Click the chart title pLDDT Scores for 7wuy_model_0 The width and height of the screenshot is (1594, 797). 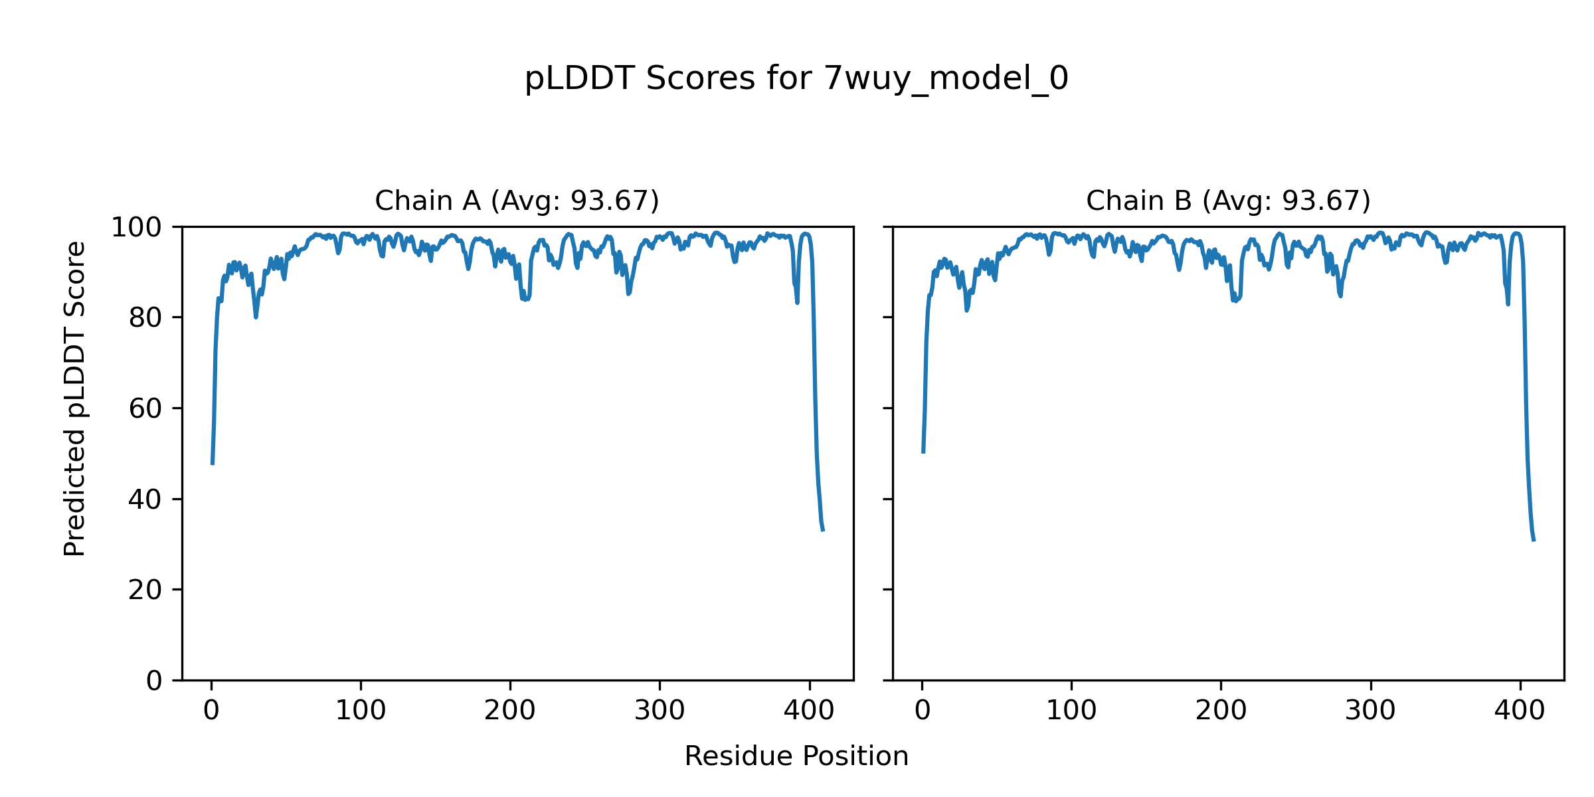(x=796, y=79)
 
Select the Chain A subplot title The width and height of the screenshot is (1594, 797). (x=517, y=201)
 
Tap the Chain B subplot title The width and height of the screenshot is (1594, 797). (x=1228, y=201)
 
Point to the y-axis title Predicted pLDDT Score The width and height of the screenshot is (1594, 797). (x=75, y=398)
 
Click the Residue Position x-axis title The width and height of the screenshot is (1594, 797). (x=796, y=756)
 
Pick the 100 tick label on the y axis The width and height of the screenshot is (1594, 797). (x=136, y=228)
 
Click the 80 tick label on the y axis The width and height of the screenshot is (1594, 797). (x=145, y=318)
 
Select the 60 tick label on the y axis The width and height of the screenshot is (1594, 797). (x=145, y=408)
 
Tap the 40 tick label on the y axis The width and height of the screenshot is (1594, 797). (x=145, y=499)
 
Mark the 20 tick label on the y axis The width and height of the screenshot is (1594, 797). (x=145, y=590)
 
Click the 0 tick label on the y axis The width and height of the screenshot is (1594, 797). (x=154, y=681)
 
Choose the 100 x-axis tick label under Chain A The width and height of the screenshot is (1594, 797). (x=361, y=711)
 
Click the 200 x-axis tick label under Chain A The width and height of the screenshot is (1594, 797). (x=510, y=711)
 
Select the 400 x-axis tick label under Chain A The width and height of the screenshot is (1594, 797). (x=809, y=711)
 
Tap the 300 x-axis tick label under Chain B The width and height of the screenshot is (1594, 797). (x=1370, y=711)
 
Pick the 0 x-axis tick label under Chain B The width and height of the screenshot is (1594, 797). (x=923, y=711)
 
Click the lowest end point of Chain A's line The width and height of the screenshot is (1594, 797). (x=823, y=530)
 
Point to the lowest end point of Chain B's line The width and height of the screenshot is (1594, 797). (x=1534, y=541)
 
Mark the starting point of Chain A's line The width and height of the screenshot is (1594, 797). (x=213, y=464)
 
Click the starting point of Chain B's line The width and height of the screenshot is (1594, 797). (x=923, y=452)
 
